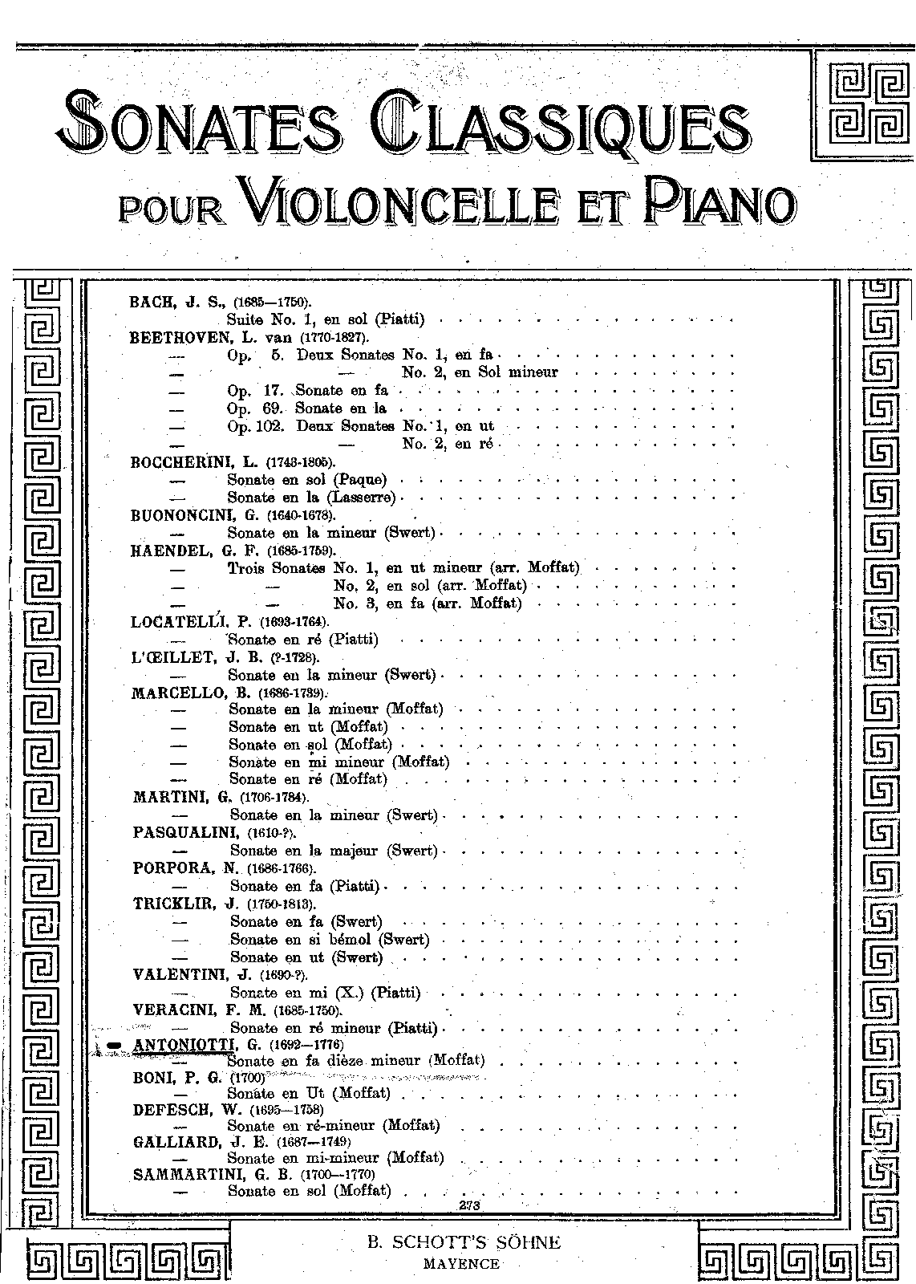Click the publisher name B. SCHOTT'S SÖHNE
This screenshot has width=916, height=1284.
point(464,1243)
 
